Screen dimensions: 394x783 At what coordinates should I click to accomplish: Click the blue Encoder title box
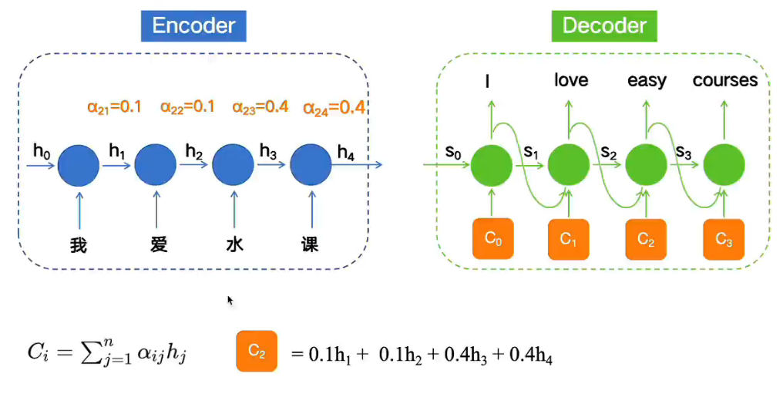coord(193,26)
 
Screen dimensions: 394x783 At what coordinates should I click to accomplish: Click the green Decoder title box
coord(605,26)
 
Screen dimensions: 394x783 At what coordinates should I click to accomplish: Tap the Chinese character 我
coord(79,245)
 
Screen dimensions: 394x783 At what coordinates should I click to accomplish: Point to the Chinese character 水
coord(234,245)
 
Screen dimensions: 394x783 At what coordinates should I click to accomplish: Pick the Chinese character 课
coord(310,245)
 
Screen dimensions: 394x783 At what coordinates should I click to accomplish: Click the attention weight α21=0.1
coord(114,107)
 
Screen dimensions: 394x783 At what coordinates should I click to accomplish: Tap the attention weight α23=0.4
coord(260,107)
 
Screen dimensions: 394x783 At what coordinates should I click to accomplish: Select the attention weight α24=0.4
coord(334,108)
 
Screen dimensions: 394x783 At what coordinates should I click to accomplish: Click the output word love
coord(570,80)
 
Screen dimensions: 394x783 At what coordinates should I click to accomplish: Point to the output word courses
coord(725,80)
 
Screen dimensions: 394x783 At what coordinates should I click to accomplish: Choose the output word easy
coord(647,81)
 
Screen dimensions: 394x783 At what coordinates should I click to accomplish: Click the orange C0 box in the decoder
coord(492,238)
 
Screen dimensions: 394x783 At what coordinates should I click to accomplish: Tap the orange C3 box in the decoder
coord(724,239)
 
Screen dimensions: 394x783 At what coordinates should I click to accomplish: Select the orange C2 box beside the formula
coord(257,352)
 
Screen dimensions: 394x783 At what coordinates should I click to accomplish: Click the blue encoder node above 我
coord(79,163)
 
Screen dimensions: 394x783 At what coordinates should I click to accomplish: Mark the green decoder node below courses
coord(724,164)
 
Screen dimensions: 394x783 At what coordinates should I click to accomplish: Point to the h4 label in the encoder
coord(346,153)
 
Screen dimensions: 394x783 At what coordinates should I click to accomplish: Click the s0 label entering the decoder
coord(454,152)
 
